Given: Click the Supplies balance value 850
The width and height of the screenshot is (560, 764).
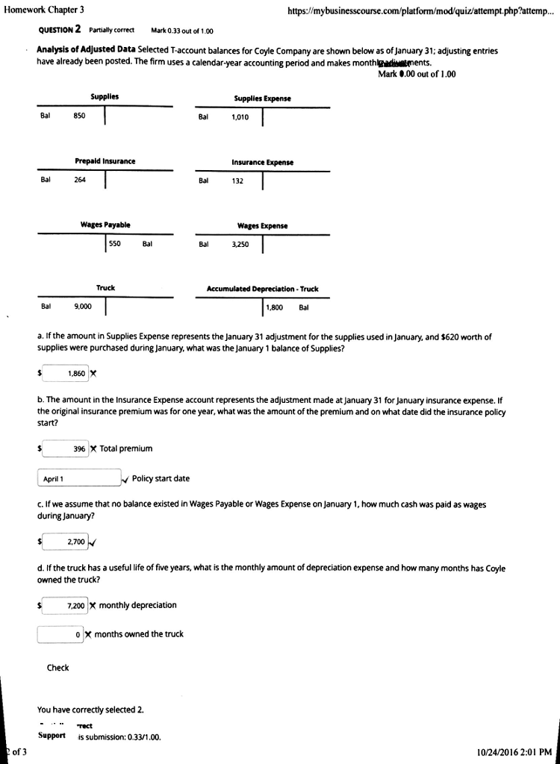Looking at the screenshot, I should click(79, 116).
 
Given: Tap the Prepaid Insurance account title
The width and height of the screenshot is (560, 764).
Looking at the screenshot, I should click(105, 161).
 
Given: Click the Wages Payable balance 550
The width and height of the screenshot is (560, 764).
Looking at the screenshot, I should click(115, 243).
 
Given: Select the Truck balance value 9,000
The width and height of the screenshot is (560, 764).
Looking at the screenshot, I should click(83, 307).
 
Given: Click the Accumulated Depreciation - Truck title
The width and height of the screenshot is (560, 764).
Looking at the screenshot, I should click(262, 289).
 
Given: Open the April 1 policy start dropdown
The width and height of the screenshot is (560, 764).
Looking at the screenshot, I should click(79, 479).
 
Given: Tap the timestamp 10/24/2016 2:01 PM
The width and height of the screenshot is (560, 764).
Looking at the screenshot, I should click(514, 752).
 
